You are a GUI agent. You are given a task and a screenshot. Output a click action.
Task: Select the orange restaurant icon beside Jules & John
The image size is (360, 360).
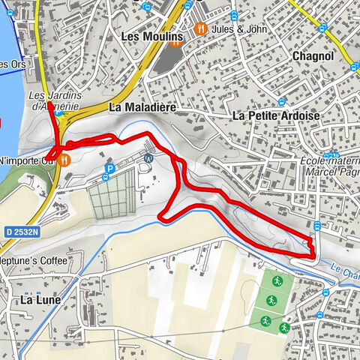click(200, 28)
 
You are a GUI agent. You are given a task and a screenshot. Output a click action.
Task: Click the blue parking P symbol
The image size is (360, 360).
click(109, 169)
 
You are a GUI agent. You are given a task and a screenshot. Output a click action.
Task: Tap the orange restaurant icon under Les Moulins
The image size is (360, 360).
click(174, 43)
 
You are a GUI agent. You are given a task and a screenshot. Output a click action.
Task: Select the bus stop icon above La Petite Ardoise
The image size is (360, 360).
click(280, 101)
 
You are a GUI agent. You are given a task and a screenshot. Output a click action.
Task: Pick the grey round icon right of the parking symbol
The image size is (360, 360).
click(148, 158)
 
